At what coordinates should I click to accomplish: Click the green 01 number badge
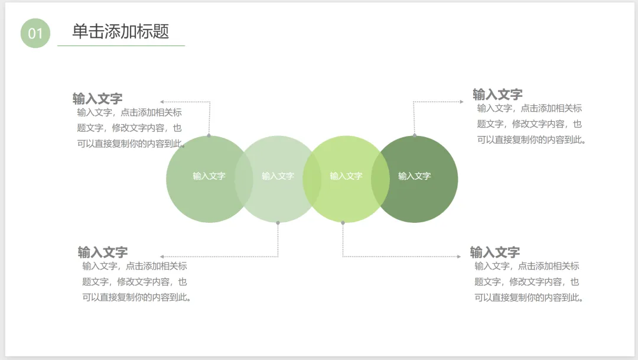coord(35,33)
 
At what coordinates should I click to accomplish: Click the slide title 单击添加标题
coord(121,31)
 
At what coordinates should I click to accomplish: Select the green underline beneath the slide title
coord(121,46)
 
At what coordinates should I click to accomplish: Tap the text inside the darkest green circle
coord(414,176)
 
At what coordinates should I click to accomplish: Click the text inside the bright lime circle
coord(346,176)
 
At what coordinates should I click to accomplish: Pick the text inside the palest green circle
coord(278,176)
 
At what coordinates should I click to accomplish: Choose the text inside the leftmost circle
coord(209,176)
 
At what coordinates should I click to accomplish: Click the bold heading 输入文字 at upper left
coord(97,99)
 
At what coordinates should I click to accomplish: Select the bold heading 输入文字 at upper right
coord(497,95)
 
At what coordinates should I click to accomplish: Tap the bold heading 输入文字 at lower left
coord(103,252)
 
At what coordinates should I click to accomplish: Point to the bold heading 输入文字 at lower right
coord(495,252)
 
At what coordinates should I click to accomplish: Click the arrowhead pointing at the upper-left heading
coord(162,102)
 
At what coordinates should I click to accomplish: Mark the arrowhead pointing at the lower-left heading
coord(162,257)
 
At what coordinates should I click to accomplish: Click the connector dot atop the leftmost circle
coord(209,135)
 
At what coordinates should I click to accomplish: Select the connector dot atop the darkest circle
coord(414,135)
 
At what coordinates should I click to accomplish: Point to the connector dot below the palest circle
coord(278,223)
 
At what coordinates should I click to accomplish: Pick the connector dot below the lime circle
coord(343,223)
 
